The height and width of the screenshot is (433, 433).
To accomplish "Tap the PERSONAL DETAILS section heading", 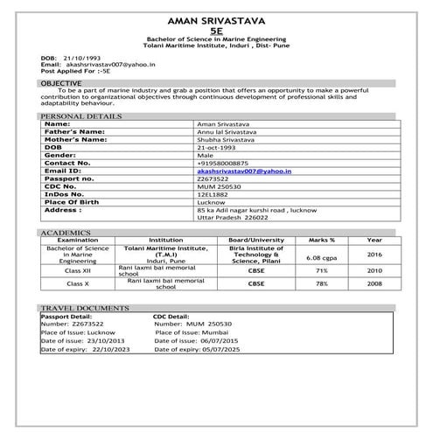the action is tap(80, 115).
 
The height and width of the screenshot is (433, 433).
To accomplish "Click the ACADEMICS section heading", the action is tap(66, 233).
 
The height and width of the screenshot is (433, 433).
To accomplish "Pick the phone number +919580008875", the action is tap(224, 163).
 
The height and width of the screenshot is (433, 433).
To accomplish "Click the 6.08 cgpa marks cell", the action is tap(322, 258).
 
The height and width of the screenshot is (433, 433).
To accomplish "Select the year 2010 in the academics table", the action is tap(374, 271).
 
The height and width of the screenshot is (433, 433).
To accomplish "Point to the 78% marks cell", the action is tap(321, 284).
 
